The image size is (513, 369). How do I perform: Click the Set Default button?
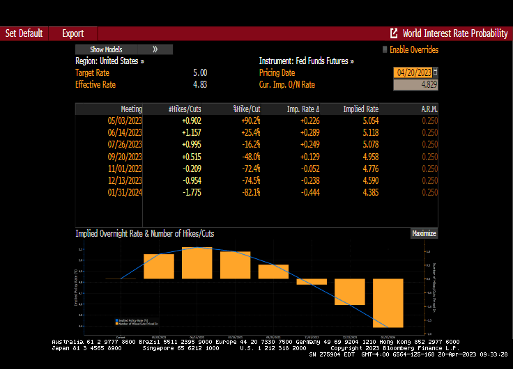24,33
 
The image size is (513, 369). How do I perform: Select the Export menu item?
72,33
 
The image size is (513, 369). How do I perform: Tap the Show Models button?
107,49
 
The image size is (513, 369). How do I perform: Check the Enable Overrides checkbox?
384,49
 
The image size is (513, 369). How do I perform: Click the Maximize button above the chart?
424,234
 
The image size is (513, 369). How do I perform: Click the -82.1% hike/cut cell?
247,192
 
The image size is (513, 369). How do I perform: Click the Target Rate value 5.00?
199,72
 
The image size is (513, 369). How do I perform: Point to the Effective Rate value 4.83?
199,84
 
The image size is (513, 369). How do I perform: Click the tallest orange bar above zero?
197,263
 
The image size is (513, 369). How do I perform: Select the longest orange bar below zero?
388,303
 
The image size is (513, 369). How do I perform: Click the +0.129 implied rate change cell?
309,156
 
